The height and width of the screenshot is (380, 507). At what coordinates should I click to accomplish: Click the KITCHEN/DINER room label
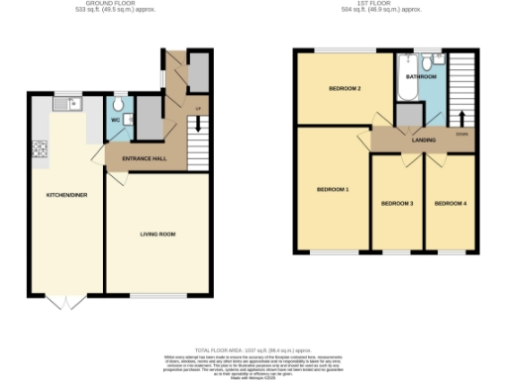(66, 195)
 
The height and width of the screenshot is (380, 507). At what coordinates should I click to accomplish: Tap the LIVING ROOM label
(156, 234)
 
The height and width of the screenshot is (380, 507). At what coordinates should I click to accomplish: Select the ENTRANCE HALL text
(144, 158)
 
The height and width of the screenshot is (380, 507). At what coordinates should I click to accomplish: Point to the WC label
(116, 123)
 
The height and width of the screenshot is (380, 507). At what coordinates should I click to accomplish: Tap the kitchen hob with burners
(42, 150)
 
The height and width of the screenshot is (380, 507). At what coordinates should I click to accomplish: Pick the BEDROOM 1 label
(332, 188)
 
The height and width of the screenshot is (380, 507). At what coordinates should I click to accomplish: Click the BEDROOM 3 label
(397, 205)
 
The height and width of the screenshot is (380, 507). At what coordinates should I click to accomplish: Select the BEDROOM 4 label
(451, 205)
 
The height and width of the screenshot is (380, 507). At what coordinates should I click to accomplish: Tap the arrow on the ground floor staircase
(198, 123)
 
